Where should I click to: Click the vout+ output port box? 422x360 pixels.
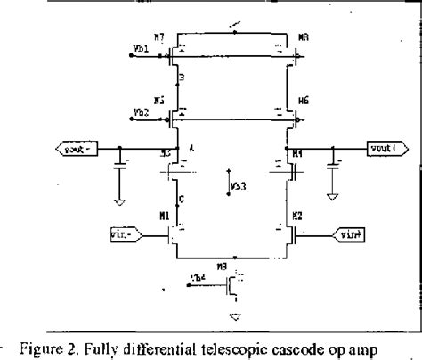386,150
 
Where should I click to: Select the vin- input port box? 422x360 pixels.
124,234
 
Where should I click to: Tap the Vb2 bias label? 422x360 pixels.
140,112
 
